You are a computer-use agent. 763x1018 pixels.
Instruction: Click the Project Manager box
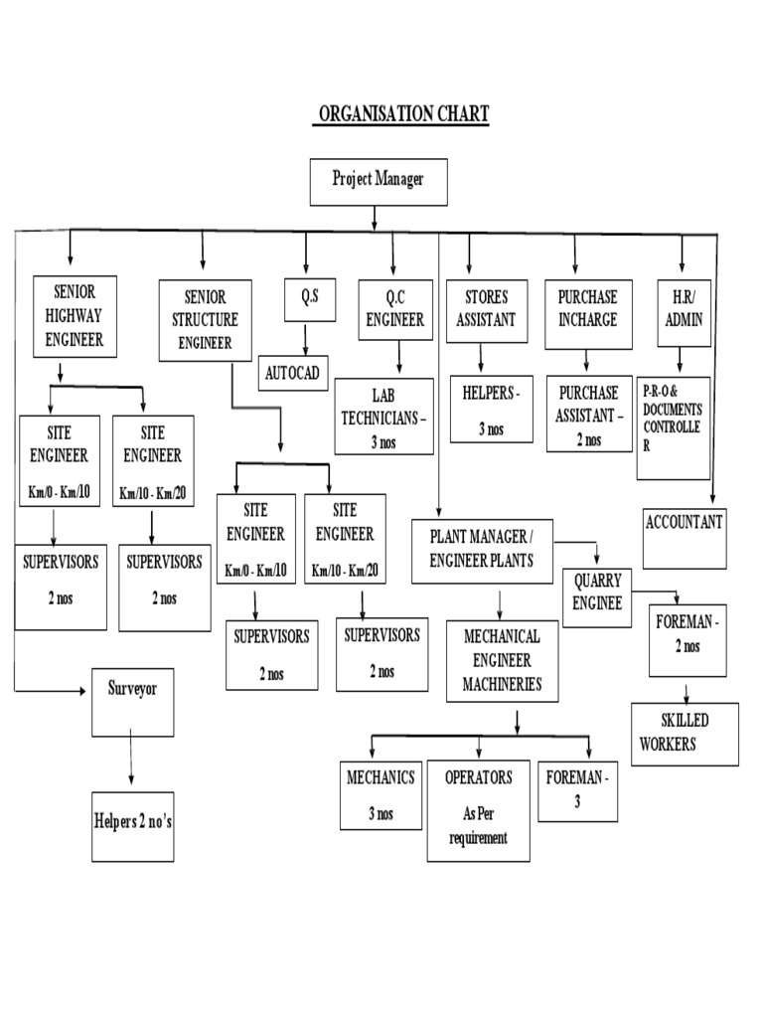(379, 183)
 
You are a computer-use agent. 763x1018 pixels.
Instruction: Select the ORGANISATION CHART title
(401, 114)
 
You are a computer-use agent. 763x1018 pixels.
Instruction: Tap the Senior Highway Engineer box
(76, 316)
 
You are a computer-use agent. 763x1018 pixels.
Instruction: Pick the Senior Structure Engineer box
(205, 320)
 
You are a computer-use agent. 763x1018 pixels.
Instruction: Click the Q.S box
(310, 300)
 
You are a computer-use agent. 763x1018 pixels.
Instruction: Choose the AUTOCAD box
(293, 373)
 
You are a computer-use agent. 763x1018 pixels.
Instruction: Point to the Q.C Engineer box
(395, 310)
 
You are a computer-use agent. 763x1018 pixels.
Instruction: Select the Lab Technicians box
(384, 417)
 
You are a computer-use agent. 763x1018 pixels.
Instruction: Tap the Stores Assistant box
(487, 311)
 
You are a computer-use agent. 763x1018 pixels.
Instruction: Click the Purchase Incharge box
(588, 314)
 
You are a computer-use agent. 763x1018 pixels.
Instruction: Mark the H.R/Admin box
(684, 313)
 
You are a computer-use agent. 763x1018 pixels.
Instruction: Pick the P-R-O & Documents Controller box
(674, 428)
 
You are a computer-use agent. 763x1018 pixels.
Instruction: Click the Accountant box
(685, 539)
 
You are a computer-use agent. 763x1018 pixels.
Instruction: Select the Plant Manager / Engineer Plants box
(482, 551)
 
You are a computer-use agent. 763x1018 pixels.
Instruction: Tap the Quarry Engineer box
(597, 597)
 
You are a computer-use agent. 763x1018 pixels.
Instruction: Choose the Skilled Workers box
(685, 735)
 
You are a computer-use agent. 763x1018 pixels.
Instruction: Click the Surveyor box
(132, 703)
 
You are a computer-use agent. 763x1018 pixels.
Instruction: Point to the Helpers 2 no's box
(132, 826)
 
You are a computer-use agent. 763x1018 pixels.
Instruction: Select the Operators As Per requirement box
(478, 811)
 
